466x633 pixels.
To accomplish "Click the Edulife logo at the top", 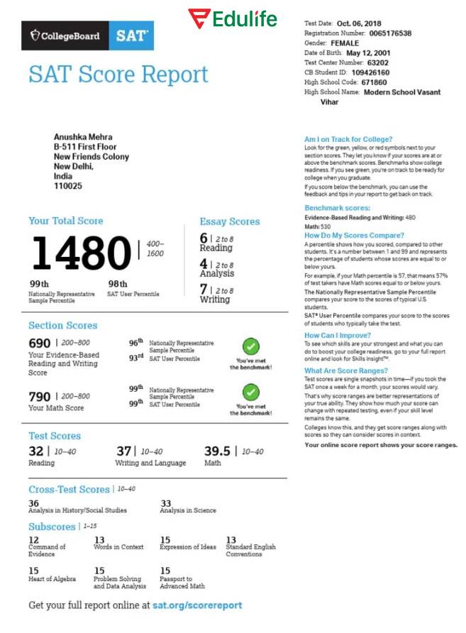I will [232, 18].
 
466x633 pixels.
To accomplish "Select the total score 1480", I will [79, 253].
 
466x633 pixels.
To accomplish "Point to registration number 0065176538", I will [387, 33].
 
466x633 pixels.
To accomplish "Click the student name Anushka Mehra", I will [83, 137].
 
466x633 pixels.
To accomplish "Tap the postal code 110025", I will [68, 186].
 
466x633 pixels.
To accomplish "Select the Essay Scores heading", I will [229, 221].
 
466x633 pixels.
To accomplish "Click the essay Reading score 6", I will [204, 238].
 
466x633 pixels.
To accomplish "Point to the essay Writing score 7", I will [204, 290].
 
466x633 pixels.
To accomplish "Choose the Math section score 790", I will [40, 396].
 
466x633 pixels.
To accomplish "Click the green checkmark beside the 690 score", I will [250, 347].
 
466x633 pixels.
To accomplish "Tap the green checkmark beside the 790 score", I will [250, 392].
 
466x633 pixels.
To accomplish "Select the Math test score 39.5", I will [218, 451].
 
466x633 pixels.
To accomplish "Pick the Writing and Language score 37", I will [124, 451].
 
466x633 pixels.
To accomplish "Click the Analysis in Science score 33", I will [166, 502].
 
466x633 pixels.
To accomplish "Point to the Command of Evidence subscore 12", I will [33, 540].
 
